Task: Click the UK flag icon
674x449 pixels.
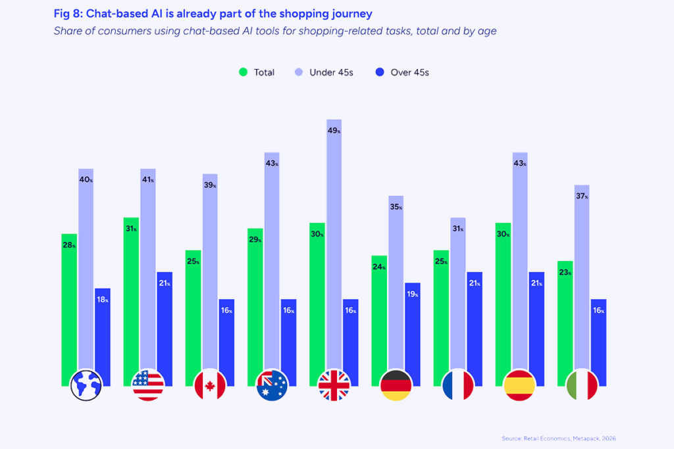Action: click(x=334, y=385)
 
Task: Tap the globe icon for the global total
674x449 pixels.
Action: click(x=86, y=385)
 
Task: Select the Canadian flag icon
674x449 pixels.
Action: click(x=210, y=385)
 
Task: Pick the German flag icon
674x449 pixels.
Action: click(x=396, y=385)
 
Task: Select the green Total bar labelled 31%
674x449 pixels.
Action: click(x=131, y=296)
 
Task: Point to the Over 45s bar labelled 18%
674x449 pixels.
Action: click(x=102, y=335)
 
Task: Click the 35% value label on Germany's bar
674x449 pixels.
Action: click(x=396, y=207)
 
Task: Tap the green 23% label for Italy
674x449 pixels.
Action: click(x=565, y=272)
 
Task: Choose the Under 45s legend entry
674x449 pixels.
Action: click(x=324, y=72)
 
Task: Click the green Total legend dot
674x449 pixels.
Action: click(x=243, y=72)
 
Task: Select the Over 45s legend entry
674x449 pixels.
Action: click(x=402, y=72)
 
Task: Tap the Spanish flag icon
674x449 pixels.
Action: click(x=519, y=385)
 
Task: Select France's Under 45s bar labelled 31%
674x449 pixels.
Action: click(x=457, y=296)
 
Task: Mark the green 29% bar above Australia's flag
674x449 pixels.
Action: click(x=255, y=302)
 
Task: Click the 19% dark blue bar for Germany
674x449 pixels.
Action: click(x=411, y=329)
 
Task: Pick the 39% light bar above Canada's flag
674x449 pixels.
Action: click(x=210, y=276)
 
